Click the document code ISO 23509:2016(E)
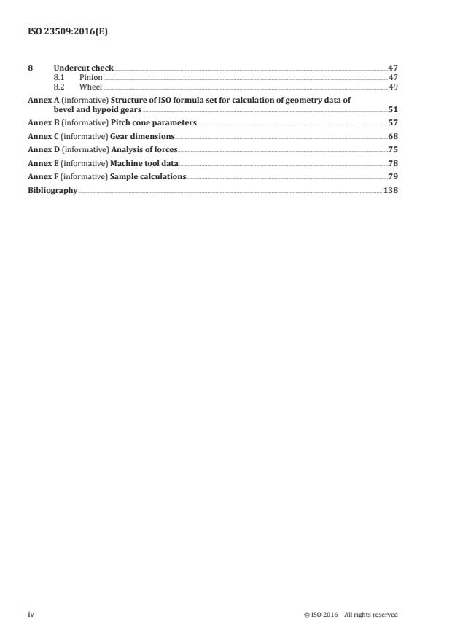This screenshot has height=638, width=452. click(x=62, y=31)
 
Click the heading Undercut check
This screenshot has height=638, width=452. click(x=83, y=68)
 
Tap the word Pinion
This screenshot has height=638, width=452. click(x=90, y=76)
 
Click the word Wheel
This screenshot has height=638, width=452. click(x=92, y=86)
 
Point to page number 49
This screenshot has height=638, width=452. click(x=393, y=86)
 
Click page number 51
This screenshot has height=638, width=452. click(x=393, y=109)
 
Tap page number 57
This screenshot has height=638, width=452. click(x=393, y=122)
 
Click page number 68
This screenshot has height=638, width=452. click(x=393, y=136)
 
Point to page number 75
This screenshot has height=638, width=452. click(x=393, y=149)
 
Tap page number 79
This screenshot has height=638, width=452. click(x=393, y=176)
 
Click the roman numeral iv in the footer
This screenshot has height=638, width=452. click(x=31, y=614)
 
